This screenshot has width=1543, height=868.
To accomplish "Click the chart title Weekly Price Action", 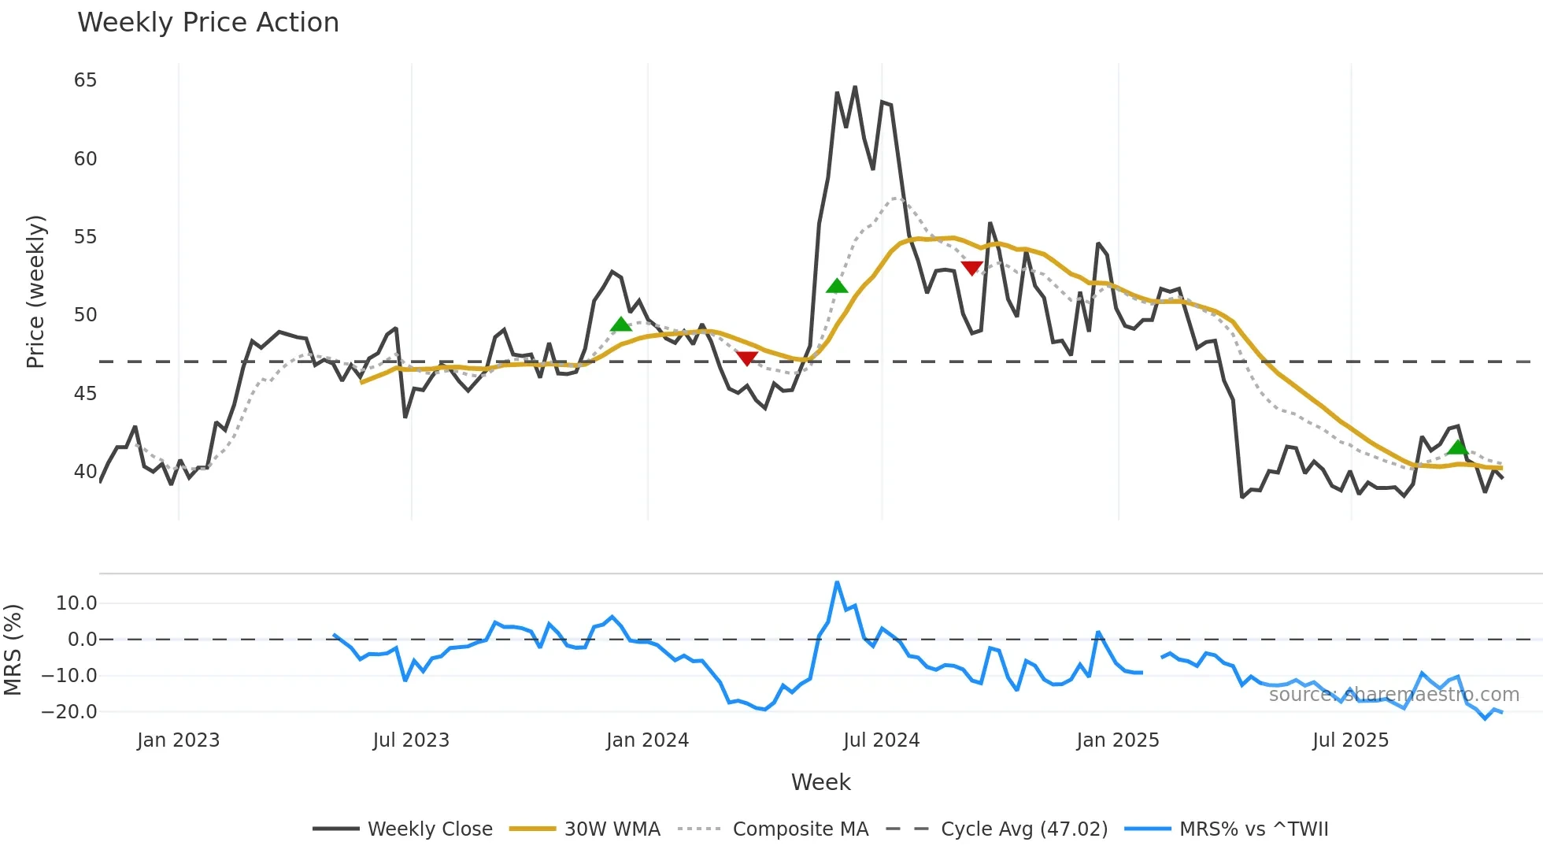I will pos(208,23).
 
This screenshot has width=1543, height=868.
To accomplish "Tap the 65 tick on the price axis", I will pos(85,80).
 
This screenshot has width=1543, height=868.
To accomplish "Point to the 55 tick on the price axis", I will pos(85,237).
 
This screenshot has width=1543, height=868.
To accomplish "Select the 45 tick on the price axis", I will pos(85,393).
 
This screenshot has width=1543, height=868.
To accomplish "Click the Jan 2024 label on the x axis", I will pos(647,740).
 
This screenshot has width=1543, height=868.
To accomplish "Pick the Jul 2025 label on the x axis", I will pos(1350,740).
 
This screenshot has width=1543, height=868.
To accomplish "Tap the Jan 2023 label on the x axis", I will pos(178,740).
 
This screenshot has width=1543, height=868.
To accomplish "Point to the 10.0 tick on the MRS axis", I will pos(76,603).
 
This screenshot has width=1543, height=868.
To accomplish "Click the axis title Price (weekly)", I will pos(36,291).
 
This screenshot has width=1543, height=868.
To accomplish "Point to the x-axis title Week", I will pos(820,782).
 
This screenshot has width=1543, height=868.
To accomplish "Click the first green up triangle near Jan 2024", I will pos(621,325).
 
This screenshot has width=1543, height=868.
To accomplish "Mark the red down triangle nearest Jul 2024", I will pos(971,269).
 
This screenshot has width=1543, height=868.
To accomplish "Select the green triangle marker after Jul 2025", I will pos(1458,447).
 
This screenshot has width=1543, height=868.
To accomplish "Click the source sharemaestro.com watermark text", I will pos(1393,695).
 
